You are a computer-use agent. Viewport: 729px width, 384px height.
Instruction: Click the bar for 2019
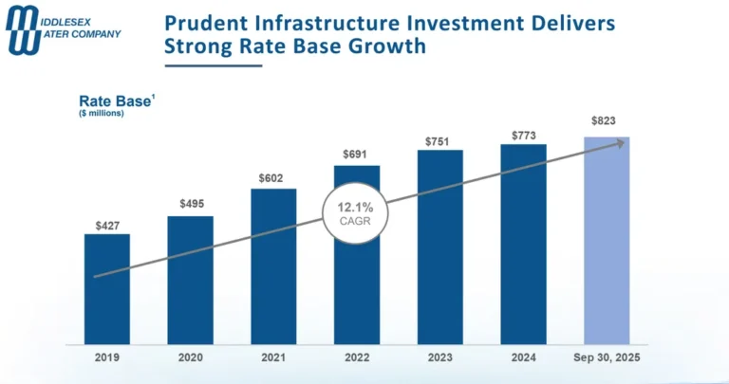pyautogui.click(x=106, y=288)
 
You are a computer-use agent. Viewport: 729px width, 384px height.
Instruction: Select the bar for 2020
pyautogui.click(x=190, y=280)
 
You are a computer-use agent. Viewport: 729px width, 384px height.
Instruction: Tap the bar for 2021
pyautogui.click(x=273, y=265)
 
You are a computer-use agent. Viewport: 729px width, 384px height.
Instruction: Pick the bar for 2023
pyautogui.click(x=439, y=247)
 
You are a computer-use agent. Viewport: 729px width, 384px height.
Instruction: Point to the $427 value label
pyautogui.click(x=107, y=225)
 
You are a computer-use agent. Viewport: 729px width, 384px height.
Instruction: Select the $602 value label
pyautogui.click(x=273, y=179)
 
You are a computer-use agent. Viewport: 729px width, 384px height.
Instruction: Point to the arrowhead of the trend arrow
pyautogui.click(x=622, y=142)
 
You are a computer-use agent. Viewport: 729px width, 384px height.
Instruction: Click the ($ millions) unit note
pyautogui.click(x=101, y=115)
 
